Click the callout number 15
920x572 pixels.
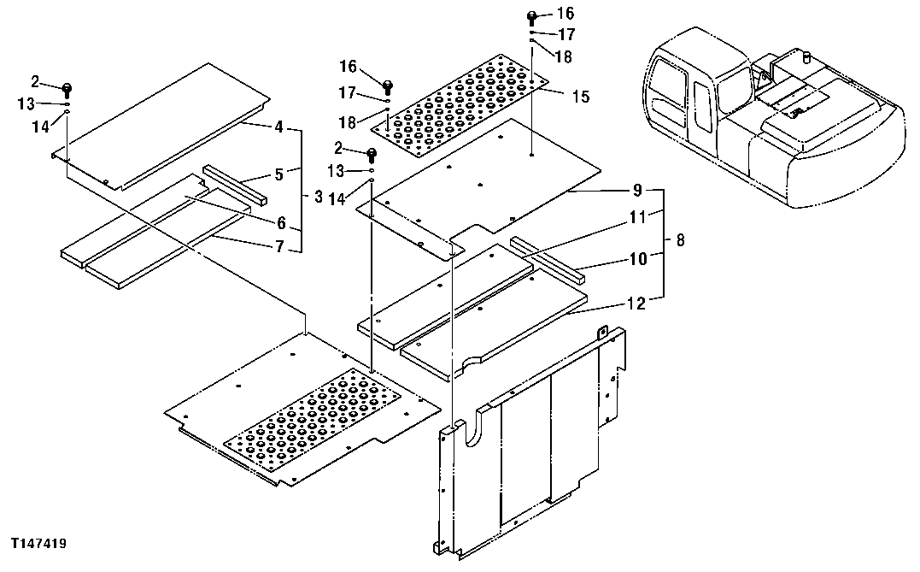pyautogui.click(x=580, y=97)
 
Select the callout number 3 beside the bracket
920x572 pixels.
pyautogui.click(x=318, y=198)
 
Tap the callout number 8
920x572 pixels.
pyautogui.click(x=680, y=242)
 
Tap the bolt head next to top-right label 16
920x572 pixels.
pyautogui.click(x=531, y=15)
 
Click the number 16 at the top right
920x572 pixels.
pyautogui.click(x=565, y=14)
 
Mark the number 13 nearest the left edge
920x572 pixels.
pyautogui.click(x=26, y=103)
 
